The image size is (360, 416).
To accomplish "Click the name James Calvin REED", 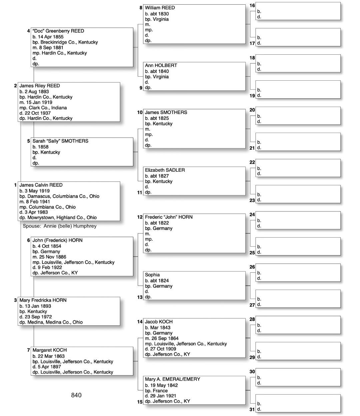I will pos(41,185).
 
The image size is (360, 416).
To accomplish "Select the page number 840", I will pos(76,395).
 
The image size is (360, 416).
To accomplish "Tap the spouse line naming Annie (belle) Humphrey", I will pos(60,226).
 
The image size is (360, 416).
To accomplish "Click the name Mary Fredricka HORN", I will pos(43,300).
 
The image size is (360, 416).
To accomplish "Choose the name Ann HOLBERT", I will pos(161,65).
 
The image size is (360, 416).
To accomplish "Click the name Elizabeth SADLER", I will pos(165,170).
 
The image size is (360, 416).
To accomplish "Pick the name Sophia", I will pos(152,275).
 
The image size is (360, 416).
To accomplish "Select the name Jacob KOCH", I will pos(159,322).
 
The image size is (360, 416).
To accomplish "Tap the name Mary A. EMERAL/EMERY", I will pos(172,379).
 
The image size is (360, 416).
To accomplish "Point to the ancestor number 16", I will pos(252,5).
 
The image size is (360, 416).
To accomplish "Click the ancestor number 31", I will pos(252,409).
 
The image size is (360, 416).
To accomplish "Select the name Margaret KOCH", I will pos(49,350).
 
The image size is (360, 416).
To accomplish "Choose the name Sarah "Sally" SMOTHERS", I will pos(60,141).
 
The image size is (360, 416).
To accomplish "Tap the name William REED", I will pos(160,8).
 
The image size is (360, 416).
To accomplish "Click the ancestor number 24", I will pos(252,215).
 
